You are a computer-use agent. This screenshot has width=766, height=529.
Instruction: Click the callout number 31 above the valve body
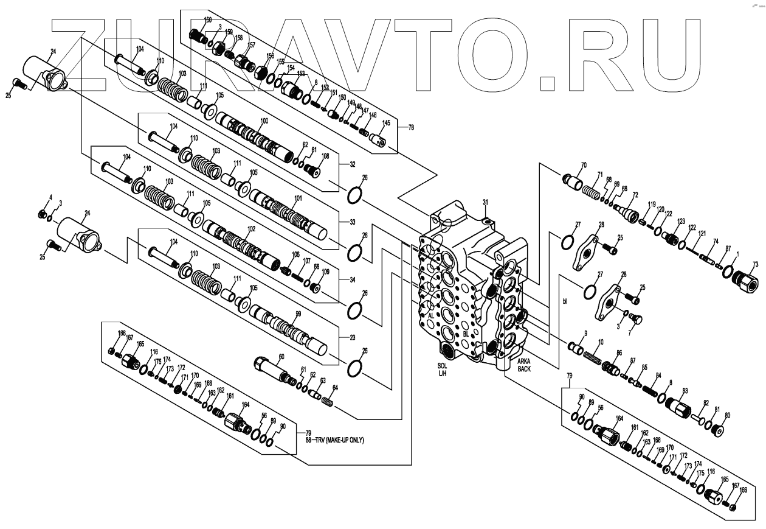pyautogui.click(x=485, y=202)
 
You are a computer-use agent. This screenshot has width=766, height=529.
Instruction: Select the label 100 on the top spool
pyautogui.click(x=264, y=121)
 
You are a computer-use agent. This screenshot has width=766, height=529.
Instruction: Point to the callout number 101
pyautogui.click(x=298, y=198)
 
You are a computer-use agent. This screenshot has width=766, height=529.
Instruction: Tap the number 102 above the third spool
pyautogui.click(x=251, y=229)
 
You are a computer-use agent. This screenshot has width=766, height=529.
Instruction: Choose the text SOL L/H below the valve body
pyautogui.click(x=443, y=369)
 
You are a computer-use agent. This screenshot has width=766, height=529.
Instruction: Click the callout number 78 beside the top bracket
pyautogui.click(x=410, y=127)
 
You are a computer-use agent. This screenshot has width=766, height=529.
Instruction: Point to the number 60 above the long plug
pyautogui.click(x=281, y=356)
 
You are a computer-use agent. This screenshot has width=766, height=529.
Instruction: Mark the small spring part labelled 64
pyautogui.click(x=327, y=402)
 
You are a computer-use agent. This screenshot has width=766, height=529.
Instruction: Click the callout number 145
pyautogui.click(x=385, y=122)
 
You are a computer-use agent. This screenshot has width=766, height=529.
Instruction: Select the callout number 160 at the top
pyautogui.click(x=208, y=20)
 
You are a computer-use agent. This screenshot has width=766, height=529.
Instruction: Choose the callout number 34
pyautogui.click(x=352, y=281)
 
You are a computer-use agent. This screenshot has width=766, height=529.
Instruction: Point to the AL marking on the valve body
pyautogui.click(x=431, y=317)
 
